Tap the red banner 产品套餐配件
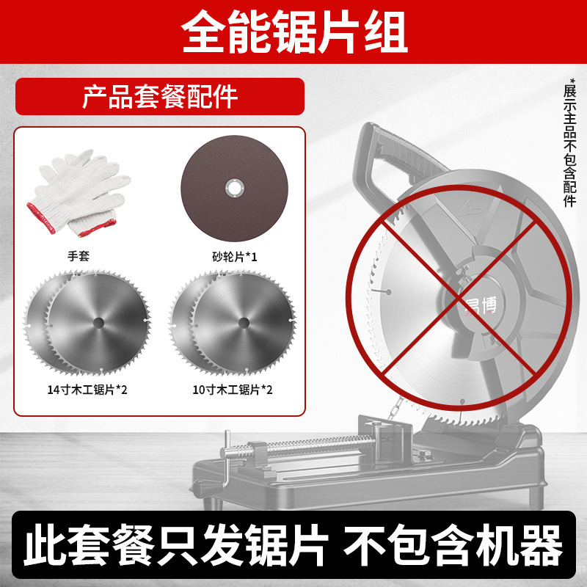(160, 96)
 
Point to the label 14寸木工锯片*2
(82, 389)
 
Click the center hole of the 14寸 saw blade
(98, 321)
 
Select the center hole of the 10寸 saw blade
(243, 321)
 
